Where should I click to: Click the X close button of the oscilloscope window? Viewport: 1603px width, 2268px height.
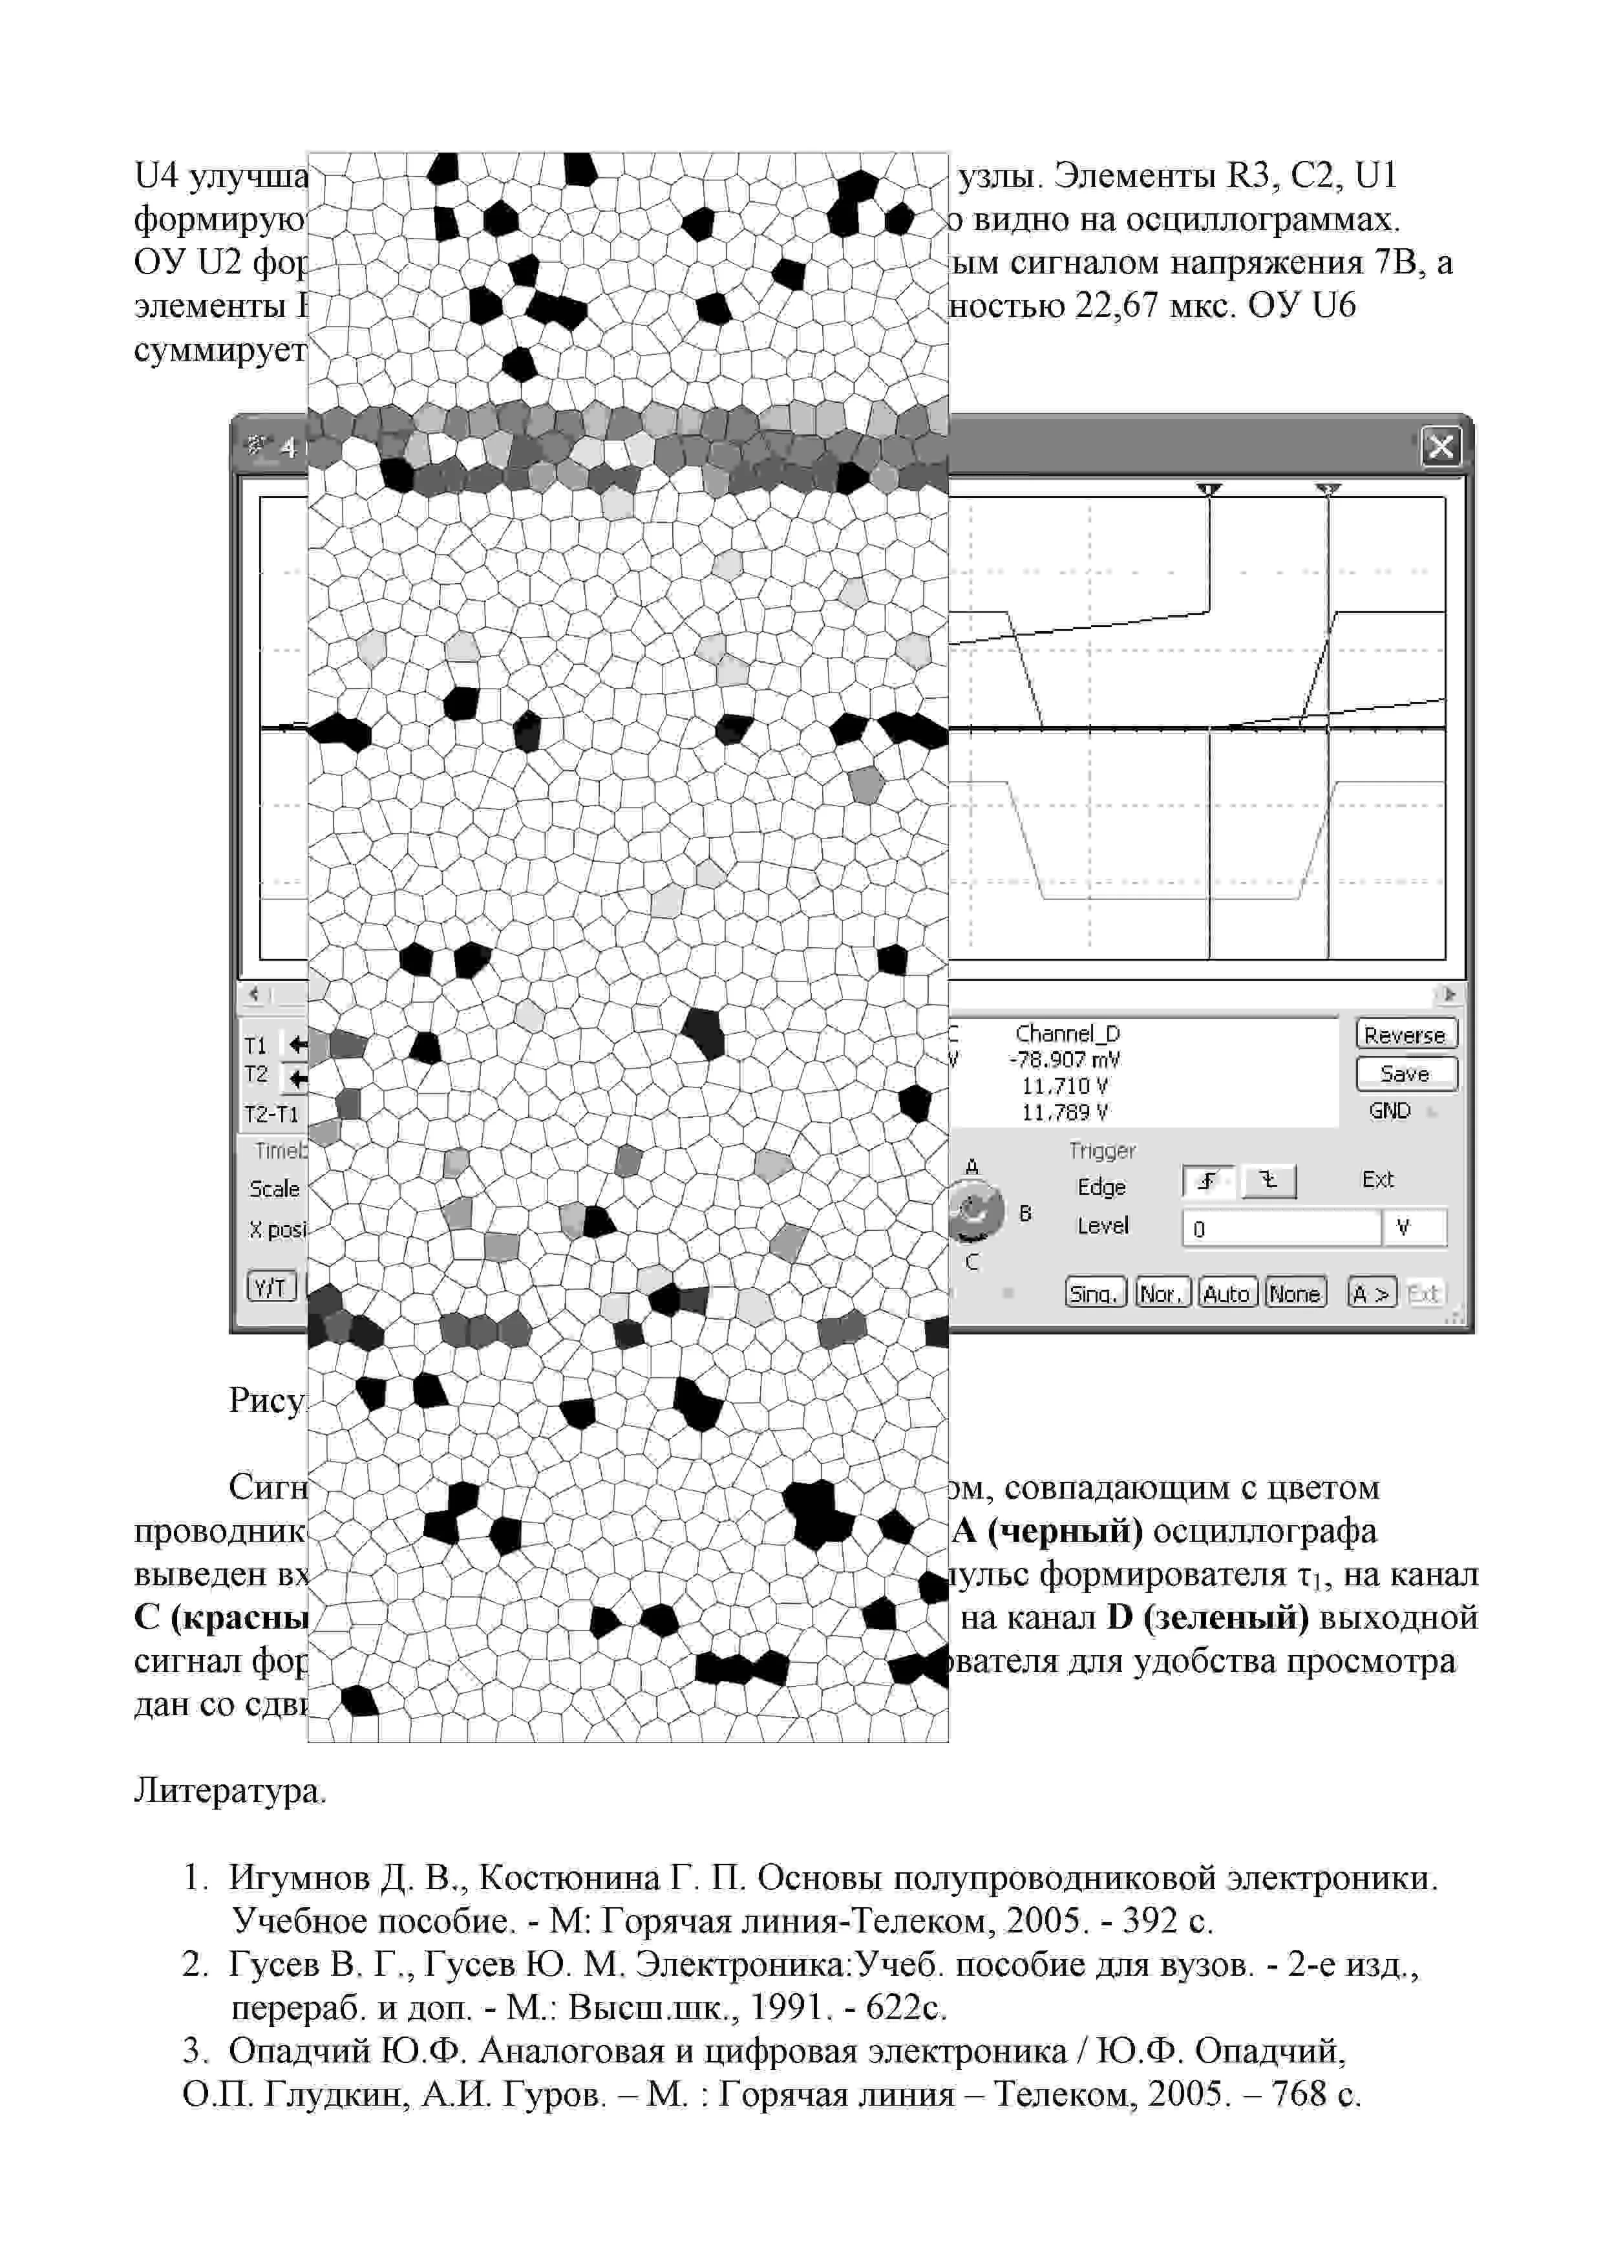[1440, 447]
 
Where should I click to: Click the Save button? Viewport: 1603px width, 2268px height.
[1405, 1074]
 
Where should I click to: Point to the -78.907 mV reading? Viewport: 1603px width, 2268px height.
[1065, 1060]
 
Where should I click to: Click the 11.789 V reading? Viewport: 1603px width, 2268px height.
[1065, 1112]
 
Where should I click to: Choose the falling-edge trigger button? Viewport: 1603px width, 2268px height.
[1269, 1181]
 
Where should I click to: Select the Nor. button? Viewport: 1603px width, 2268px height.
[1162, 1293]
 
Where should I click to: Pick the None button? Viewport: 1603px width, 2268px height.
[1295, 1293]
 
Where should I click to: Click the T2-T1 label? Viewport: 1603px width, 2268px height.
[271, 1114]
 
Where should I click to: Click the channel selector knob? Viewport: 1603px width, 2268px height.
[975, 1213]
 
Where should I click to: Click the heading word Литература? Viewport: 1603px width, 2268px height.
[230, 1790]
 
